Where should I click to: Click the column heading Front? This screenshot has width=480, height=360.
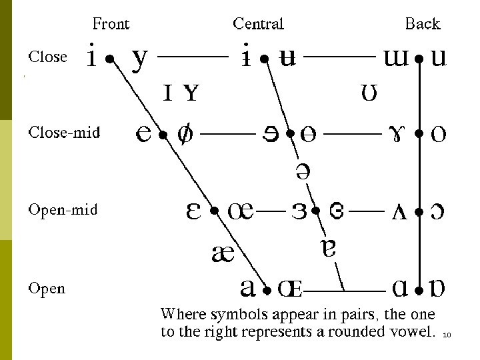coord(111,25)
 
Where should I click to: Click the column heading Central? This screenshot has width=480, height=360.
coord(258,25)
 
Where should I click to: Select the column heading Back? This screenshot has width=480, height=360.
coord(423,25)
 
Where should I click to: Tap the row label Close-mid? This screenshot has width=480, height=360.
coord(64,133)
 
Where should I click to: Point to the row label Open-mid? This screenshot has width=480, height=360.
coord(63,210)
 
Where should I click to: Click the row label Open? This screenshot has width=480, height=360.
coord(47,289)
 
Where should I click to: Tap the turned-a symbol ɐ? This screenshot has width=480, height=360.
coord(328,249)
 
